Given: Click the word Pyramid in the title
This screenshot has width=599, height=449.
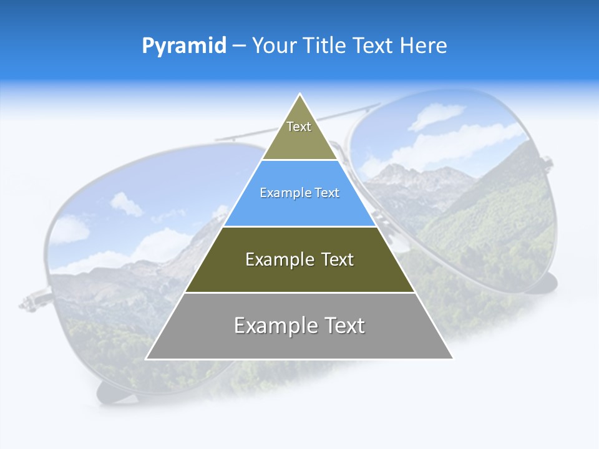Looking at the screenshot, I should point(184,46).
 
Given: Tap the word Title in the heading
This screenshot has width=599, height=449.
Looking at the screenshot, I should point(327,46).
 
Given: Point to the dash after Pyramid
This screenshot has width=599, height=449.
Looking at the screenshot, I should point(239,46).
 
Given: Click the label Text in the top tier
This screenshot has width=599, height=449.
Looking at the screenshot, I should point(299,127).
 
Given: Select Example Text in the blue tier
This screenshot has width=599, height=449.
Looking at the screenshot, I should point(299,193).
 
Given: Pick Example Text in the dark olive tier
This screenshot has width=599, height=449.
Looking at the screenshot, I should point(299,259).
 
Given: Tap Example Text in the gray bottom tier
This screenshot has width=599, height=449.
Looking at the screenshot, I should point(299,326).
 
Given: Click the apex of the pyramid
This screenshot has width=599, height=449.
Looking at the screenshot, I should point(300,95).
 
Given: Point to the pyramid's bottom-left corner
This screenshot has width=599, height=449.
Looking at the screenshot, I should point(147,359).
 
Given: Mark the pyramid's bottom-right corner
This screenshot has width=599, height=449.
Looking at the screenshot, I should point(452,359).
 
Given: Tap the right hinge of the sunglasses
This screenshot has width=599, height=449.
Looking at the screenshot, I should point(548,163).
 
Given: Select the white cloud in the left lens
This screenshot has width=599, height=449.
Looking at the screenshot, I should point(126,204).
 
